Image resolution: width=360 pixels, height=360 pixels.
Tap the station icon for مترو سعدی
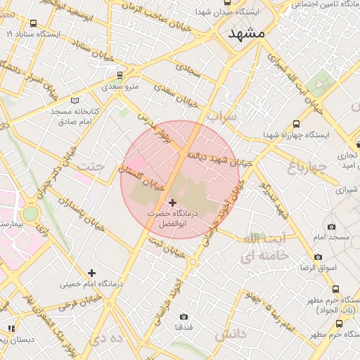(x=120, y=75)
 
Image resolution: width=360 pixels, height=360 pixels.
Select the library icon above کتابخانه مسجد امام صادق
(x=75, y=100)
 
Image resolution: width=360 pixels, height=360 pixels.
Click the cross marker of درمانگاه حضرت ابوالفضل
(x=172, y=202)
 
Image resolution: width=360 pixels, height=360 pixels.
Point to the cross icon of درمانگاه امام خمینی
(x=91, y=273)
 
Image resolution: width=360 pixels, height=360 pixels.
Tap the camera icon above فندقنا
(x=184, y=317)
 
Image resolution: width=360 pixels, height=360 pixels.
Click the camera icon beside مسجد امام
(x=332, y=226)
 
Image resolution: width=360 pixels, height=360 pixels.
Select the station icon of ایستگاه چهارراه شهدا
(x=296, y=124)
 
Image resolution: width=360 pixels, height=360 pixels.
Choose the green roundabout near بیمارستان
(x=30, y=213)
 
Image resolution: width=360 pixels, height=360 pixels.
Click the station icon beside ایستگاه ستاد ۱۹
(x=29, y=32)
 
